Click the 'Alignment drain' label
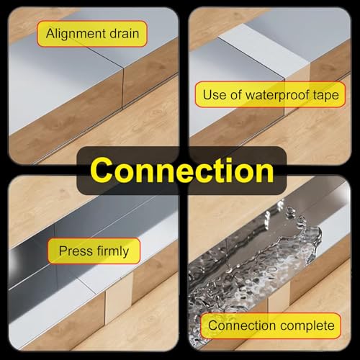point(92,33)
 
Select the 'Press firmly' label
point(94,251)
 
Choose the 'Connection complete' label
point(271,326)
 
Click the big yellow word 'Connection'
point(184,171)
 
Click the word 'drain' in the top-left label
point(123,33)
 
